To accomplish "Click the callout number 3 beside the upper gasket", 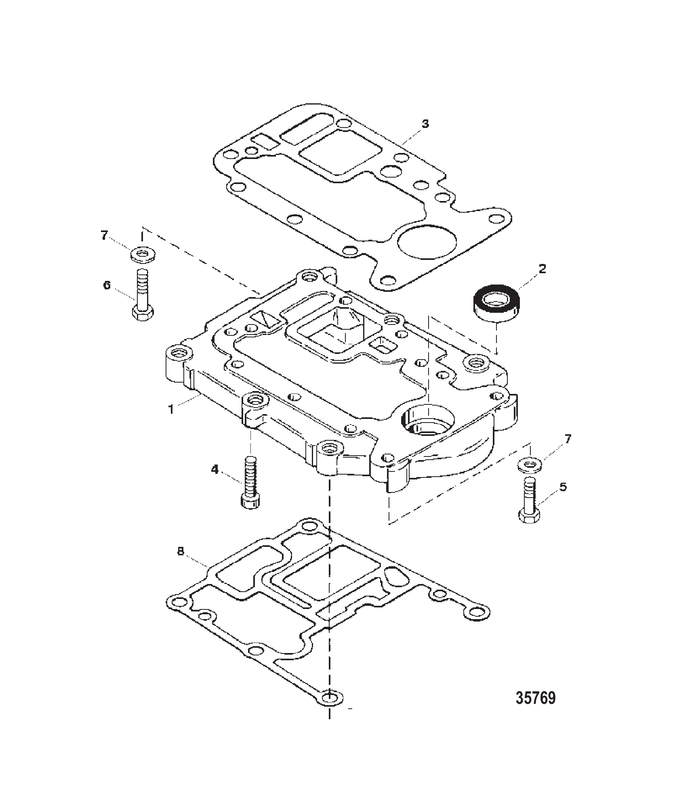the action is pyautogui.click(x=425, y=124).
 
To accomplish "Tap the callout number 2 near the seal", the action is pyautogui.click(x=542, y=269).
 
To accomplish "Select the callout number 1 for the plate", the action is pyautogui.click(x=171, y=409).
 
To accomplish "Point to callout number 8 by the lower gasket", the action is pyautogui.click(x=181, y=552).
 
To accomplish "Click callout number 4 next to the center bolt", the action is pyautogui.click(x=215, y=470).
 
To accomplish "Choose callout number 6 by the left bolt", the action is pyautogui.click(x=107, y=285).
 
